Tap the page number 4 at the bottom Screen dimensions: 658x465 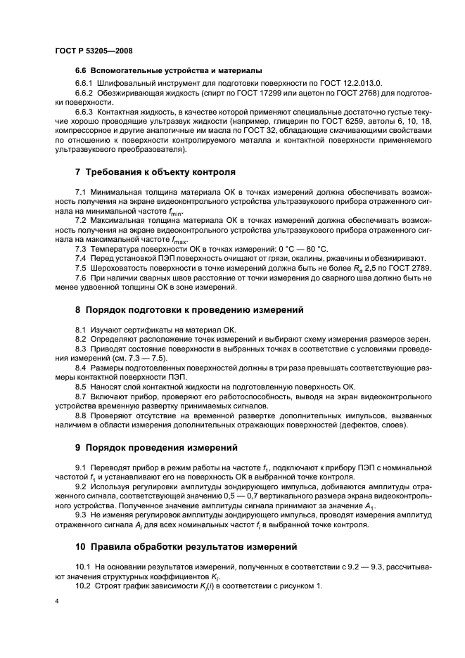click(x=57, y=602)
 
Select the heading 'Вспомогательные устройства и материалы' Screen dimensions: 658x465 click(x=168, y=70)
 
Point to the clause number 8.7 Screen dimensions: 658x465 click(x=80, y=397)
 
